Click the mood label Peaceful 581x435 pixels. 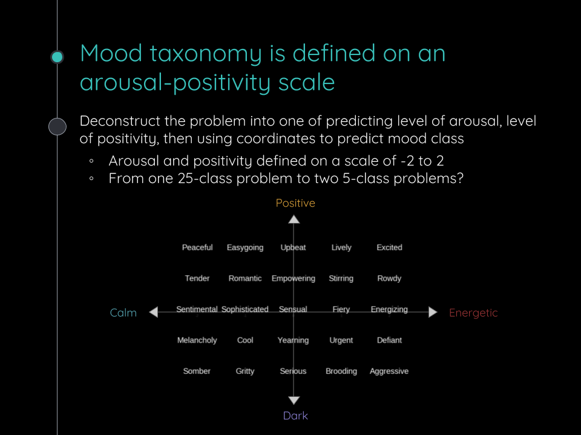point(197,248)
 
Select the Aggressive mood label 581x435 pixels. point(389,372)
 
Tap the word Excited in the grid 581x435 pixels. point(389,248)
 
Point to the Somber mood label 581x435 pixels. point(197,372)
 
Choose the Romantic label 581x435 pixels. point(245,279)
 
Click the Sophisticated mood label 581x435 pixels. point(245,309)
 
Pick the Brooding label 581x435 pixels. point(341,372)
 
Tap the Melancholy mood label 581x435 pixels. point(197,341)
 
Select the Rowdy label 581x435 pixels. point(389,279)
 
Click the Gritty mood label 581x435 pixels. point(245,372)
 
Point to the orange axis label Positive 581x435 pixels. point(295,203)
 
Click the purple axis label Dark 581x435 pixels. point(295,416)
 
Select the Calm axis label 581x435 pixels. point(123,313)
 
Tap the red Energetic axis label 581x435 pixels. point(473,313)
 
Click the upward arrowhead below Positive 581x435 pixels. point(294,219)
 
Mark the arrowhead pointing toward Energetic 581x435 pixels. point(433,312)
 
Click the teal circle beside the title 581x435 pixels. point(57,57)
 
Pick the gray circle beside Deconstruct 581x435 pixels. point(57,126)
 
